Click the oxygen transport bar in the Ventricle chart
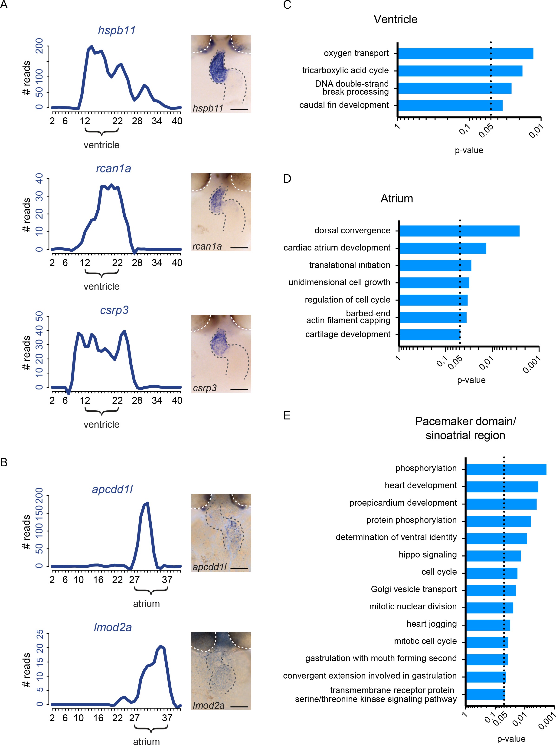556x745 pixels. pyautogui.click(x=465, y=53)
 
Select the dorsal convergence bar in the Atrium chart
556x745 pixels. pyautogui.click(x=459, y=231)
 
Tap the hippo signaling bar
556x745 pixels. pyautogui.click(x=493, y=556)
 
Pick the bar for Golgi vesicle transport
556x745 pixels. pyautogui.click(x=491, y=590)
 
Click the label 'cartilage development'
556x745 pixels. pyautogui.click(x=348, y=334)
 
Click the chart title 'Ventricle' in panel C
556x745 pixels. pyautogui.click(x=396, y=19)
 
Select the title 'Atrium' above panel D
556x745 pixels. pyautogui.click(x=396, y=198)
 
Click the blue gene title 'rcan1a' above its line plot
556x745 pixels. pyautogui.click(x=113, y=168)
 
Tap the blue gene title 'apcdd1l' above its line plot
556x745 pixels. pyautogui.click(x=112, y=489)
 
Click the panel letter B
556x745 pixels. pyautogui.click(x=4, y=462)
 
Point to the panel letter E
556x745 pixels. pyautogui.click(x=287, y=416)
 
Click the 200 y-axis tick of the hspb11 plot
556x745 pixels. pyautogui.click(x=39, y=46)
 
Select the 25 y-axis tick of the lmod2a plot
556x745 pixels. pyautogui.click(x=39, y=635)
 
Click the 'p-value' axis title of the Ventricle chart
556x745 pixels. pyautogui.click(x=469, y=150)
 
